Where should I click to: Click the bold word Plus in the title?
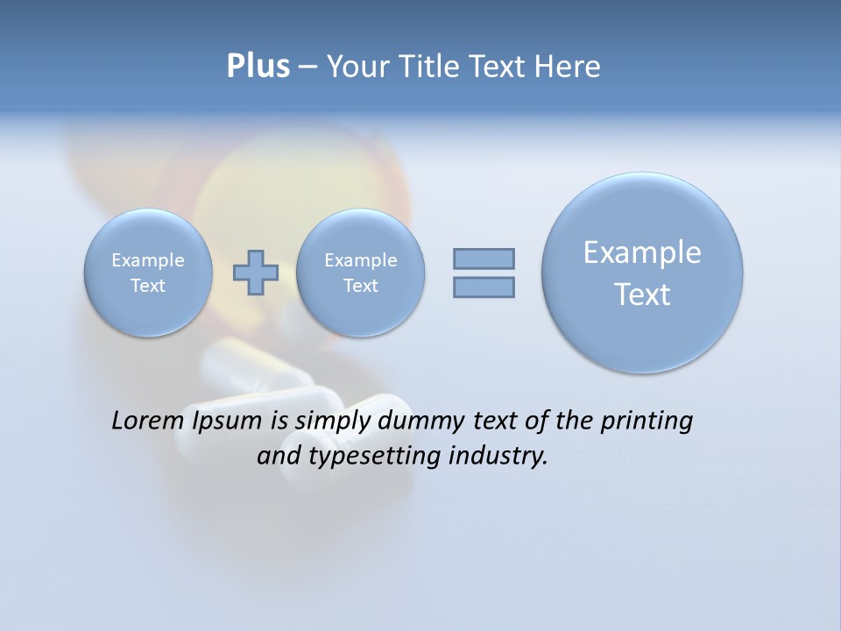258,67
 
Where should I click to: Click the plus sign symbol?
256,273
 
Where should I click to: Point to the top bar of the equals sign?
484,259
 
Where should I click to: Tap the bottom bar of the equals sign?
484,287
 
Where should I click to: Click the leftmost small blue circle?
148,272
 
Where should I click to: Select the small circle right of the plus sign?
360,272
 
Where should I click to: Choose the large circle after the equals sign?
642,273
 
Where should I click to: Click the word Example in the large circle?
642,252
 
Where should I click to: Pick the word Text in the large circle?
642,294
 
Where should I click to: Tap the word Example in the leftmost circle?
148,260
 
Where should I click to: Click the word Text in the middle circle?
360,286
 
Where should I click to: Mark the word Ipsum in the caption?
227,421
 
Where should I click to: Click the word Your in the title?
358,67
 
